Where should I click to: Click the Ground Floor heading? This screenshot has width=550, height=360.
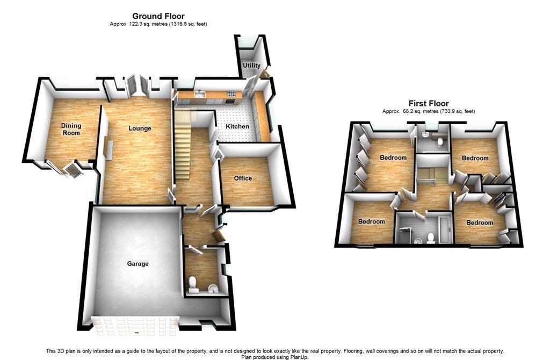point(158,16)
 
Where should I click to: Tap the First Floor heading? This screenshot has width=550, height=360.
point(429,104)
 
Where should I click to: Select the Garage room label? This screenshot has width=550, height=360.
point(138,264)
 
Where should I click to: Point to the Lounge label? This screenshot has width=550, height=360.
point(140,128)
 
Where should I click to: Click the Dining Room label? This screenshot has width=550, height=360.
point(71,129)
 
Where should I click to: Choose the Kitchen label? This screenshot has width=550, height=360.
point(237,126)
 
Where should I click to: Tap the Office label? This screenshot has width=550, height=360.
point(243,178)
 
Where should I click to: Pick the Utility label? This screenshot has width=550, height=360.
point(251,65)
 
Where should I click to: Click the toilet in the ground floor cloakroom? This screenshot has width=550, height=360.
point(193,285)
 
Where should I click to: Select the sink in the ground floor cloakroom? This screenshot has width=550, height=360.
point(213,289)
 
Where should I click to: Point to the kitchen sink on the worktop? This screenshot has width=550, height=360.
point(200,95)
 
